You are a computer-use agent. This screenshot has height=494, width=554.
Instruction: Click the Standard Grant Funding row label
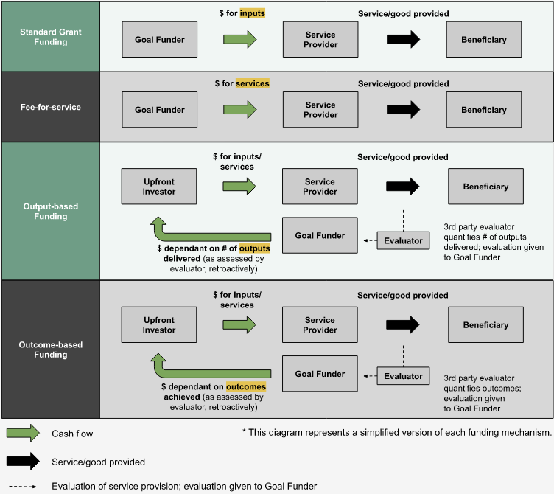pos(50,37)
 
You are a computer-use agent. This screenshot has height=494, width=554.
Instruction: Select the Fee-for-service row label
pos(50,107)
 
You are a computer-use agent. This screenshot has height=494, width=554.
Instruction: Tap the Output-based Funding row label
pos(50,212)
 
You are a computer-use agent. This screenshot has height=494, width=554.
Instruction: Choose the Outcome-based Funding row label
pos(50,349)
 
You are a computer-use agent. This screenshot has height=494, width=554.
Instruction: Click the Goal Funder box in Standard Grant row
pos(160,40)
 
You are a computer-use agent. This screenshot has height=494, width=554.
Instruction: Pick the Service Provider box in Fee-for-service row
pos(320,110)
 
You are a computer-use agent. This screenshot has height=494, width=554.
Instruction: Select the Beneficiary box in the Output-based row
pos(485,187)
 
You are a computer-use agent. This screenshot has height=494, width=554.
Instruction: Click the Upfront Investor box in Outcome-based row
pos(159,325)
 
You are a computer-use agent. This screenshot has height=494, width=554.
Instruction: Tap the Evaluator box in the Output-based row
pos(403,240)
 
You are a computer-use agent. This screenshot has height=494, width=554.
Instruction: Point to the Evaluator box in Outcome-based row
pos(403,376)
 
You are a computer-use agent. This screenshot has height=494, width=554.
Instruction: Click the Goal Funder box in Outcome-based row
pos(320,374)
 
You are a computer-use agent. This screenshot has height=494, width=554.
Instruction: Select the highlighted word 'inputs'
pos(251,13)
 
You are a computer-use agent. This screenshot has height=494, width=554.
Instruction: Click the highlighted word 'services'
pos(252,83)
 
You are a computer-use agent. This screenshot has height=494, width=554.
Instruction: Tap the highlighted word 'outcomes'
pos(246,386)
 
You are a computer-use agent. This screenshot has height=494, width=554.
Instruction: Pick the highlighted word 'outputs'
pos(255,248)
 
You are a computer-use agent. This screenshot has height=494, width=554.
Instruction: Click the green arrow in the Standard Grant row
pos(240,40)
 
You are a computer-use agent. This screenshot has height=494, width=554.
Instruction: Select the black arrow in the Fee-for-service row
pos(403,110)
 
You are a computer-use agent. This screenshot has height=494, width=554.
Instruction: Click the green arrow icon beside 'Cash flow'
pos(24,434)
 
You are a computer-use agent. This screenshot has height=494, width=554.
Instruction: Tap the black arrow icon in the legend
pos(24,462)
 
